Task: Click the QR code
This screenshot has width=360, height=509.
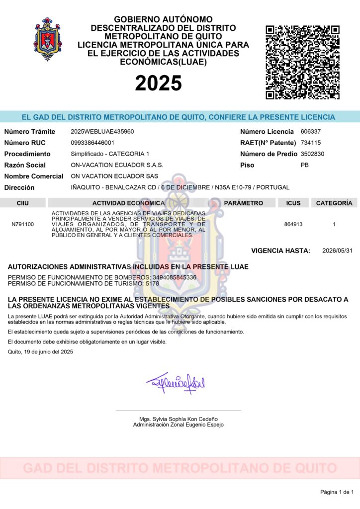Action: click(303, 62)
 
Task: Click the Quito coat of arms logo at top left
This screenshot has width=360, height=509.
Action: click(48, 39)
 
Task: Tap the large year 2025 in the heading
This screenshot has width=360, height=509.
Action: click(158, 83)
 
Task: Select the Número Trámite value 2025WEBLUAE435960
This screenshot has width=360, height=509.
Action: click(102, 132)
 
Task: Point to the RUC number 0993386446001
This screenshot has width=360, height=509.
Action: click(92, 143)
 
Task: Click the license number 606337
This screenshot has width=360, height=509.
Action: click(311, 132)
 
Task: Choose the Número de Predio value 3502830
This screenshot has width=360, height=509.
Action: click(312, 154)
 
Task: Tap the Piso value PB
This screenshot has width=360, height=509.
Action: click(305, 165)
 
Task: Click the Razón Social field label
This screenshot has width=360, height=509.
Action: click(25, 165)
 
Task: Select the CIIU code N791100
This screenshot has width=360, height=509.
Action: click(22, 224)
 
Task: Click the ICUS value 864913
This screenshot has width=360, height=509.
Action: click(293, 224)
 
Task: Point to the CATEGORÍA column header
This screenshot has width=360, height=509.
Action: click(334, 203)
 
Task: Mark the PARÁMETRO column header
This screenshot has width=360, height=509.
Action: click(243, 203)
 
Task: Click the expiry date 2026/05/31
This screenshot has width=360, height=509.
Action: click(337, 251)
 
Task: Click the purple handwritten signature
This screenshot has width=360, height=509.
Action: click(176, 383)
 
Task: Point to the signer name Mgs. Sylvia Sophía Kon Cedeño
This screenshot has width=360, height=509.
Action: click(179, 419)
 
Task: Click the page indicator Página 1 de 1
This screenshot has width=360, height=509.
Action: click(337, 492)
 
